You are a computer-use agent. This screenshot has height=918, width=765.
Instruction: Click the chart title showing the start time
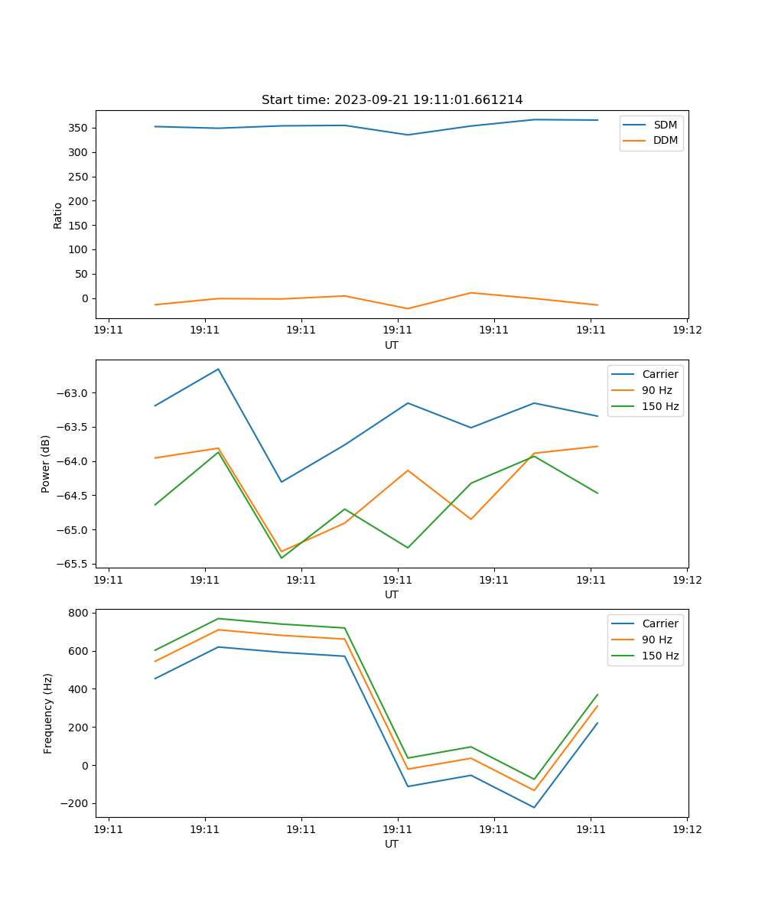392,100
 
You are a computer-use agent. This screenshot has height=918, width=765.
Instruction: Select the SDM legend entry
665,125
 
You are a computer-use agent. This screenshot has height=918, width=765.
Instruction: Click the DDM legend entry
666,141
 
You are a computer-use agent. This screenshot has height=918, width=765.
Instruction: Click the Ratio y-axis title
58,215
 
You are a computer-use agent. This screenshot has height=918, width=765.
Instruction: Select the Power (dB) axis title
46,464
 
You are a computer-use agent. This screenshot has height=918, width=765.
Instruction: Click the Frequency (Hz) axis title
47,713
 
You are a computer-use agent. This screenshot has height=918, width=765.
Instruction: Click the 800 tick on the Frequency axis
80,613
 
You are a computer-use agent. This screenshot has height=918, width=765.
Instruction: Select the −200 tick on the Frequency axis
74,803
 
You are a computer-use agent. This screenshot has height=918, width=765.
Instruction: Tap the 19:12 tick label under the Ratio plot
686,330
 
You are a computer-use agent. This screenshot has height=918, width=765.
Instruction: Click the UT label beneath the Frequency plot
392,844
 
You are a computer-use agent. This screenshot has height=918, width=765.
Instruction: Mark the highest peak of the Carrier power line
218,369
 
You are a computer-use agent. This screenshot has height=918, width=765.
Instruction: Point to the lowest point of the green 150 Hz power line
282,558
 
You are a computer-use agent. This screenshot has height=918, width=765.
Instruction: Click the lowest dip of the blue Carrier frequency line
534,807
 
